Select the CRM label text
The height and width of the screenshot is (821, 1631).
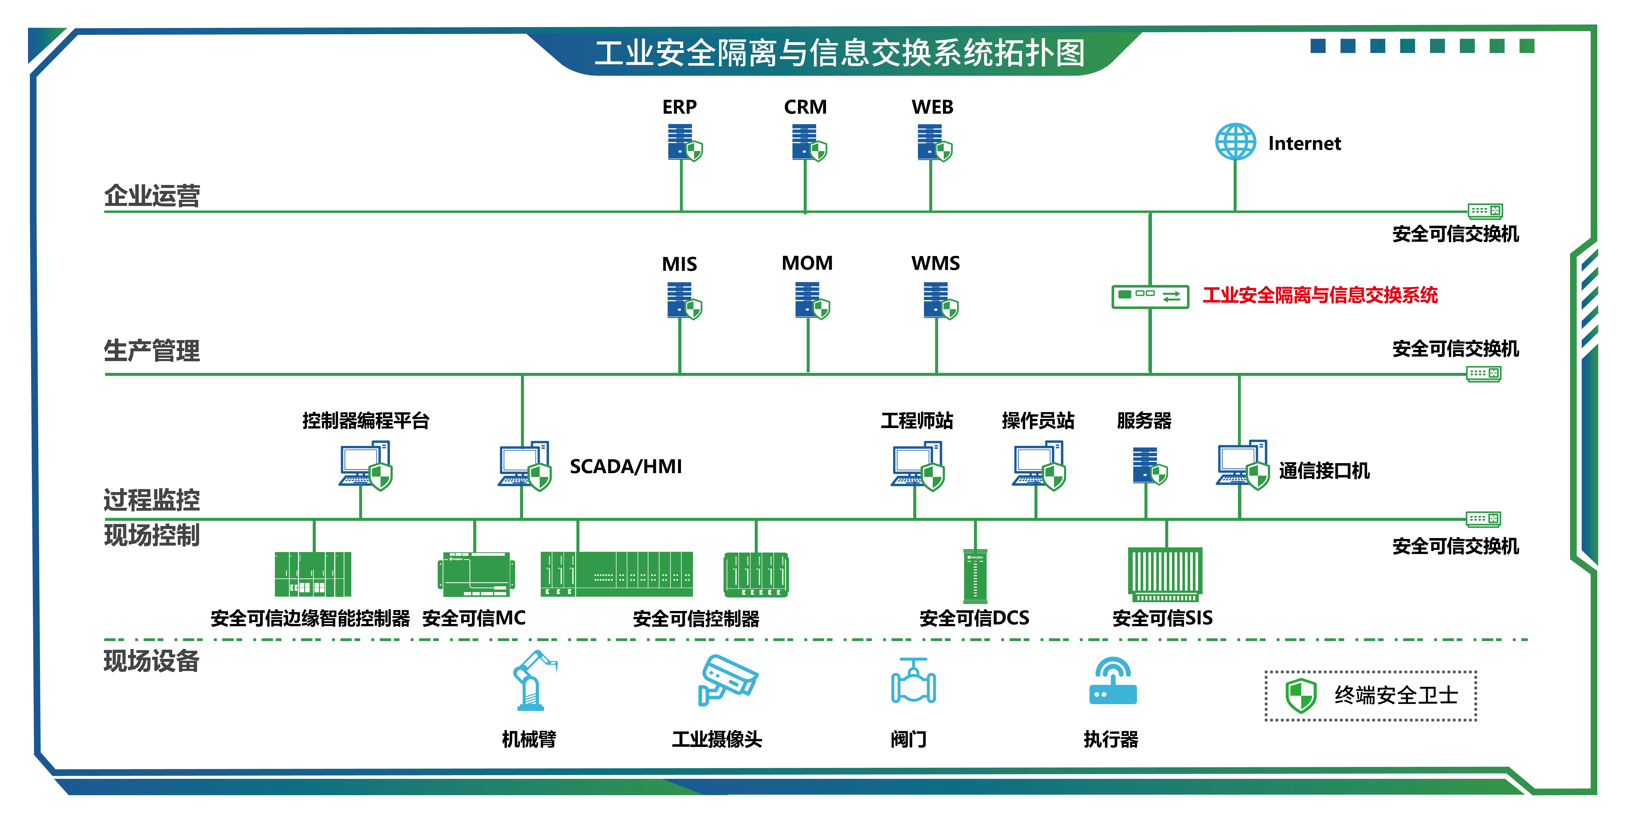pos(805,107)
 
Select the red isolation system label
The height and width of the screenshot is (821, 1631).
pos(1320,295)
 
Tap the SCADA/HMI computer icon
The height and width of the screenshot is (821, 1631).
pos(524,466)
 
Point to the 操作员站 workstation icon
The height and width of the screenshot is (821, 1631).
pos(1038,466)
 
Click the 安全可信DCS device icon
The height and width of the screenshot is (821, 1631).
pos(975,575)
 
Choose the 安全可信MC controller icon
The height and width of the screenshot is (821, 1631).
pos(476,575)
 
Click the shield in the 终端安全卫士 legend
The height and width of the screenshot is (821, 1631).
pos(1301,695)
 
